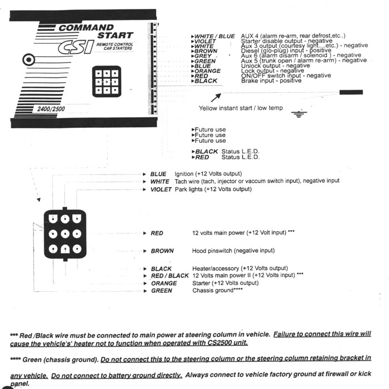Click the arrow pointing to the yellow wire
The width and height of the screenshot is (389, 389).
(215, 98)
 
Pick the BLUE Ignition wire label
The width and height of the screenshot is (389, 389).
(158, 174)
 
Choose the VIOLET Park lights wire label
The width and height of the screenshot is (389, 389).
(161, 189)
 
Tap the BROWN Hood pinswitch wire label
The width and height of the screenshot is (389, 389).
(162, 251)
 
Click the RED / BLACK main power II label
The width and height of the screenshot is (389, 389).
(170, 276)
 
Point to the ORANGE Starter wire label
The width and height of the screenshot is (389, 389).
(164, 283)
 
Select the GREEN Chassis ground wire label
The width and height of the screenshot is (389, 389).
(162, 291)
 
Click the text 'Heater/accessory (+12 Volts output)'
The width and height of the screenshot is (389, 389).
(240, 268)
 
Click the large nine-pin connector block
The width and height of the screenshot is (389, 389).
(65, 235)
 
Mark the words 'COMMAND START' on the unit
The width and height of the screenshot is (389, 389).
(89, 31)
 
